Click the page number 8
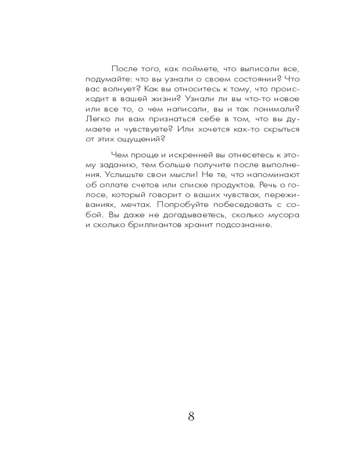point(191,416)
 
